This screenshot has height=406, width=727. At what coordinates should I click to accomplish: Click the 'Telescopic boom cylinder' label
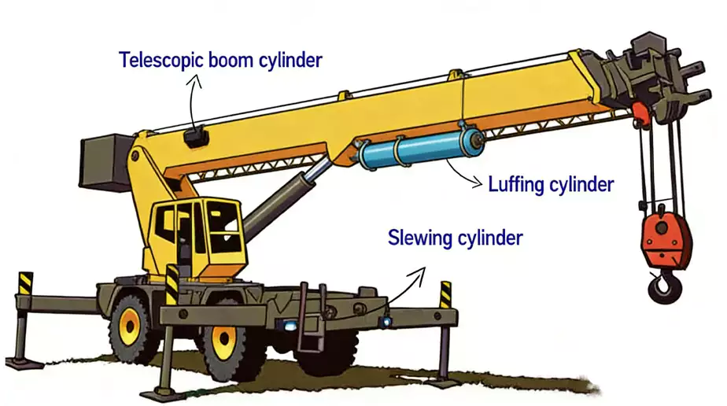220,61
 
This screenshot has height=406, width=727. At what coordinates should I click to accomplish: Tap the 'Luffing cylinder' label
551,184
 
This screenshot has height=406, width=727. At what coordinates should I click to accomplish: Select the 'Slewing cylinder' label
456,238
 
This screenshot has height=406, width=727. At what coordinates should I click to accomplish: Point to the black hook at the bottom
663,287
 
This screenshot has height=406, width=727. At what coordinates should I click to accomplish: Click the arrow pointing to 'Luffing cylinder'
463,175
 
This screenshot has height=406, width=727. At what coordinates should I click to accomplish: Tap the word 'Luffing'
516,184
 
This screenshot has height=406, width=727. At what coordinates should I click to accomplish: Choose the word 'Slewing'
419,238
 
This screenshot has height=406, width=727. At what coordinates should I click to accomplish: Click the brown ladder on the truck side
312,316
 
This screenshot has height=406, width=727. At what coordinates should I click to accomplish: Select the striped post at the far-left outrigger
25,283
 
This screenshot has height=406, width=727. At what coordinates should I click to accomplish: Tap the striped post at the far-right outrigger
445,294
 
